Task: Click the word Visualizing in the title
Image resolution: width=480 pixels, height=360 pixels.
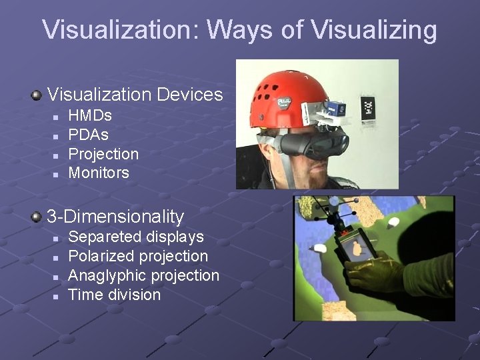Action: [374, 30]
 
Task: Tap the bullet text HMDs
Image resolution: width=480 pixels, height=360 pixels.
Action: [90, 115]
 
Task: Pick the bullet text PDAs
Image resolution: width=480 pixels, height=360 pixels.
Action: [89, 135]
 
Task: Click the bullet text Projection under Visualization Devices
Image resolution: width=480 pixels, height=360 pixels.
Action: [103, 154]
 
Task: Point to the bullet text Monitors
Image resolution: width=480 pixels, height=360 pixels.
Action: [99, 173]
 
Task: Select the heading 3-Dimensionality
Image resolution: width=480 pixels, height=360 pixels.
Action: [115, 216]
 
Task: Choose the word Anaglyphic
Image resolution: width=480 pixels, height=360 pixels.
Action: [107, 275]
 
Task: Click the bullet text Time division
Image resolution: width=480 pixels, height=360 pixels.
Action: [115, 295]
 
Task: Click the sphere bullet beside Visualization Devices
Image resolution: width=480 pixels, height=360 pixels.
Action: [37, 95]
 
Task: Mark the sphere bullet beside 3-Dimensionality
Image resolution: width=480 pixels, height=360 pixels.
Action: [37, 217]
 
